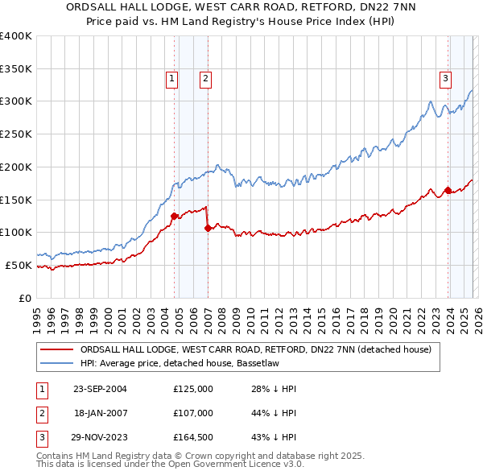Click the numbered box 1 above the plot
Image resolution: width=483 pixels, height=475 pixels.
[173, 78]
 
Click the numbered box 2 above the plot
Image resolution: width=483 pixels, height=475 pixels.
[206, 78]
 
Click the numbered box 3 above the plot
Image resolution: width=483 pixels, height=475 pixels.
[445, 78]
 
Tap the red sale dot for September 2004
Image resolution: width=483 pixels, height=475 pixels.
[174, 216]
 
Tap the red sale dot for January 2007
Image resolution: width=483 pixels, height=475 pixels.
[208, 228]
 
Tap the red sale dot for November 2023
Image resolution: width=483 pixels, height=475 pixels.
[448, 190]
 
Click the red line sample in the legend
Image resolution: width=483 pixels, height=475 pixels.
[57, 350]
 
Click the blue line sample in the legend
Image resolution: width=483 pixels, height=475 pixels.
[57, 364]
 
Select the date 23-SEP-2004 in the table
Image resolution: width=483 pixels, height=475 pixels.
[100, 389]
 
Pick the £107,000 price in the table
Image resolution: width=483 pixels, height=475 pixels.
[193, 413]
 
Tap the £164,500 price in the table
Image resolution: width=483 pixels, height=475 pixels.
[193, 437]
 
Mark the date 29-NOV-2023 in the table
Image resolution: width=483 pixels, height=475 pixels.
[100, 437]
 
